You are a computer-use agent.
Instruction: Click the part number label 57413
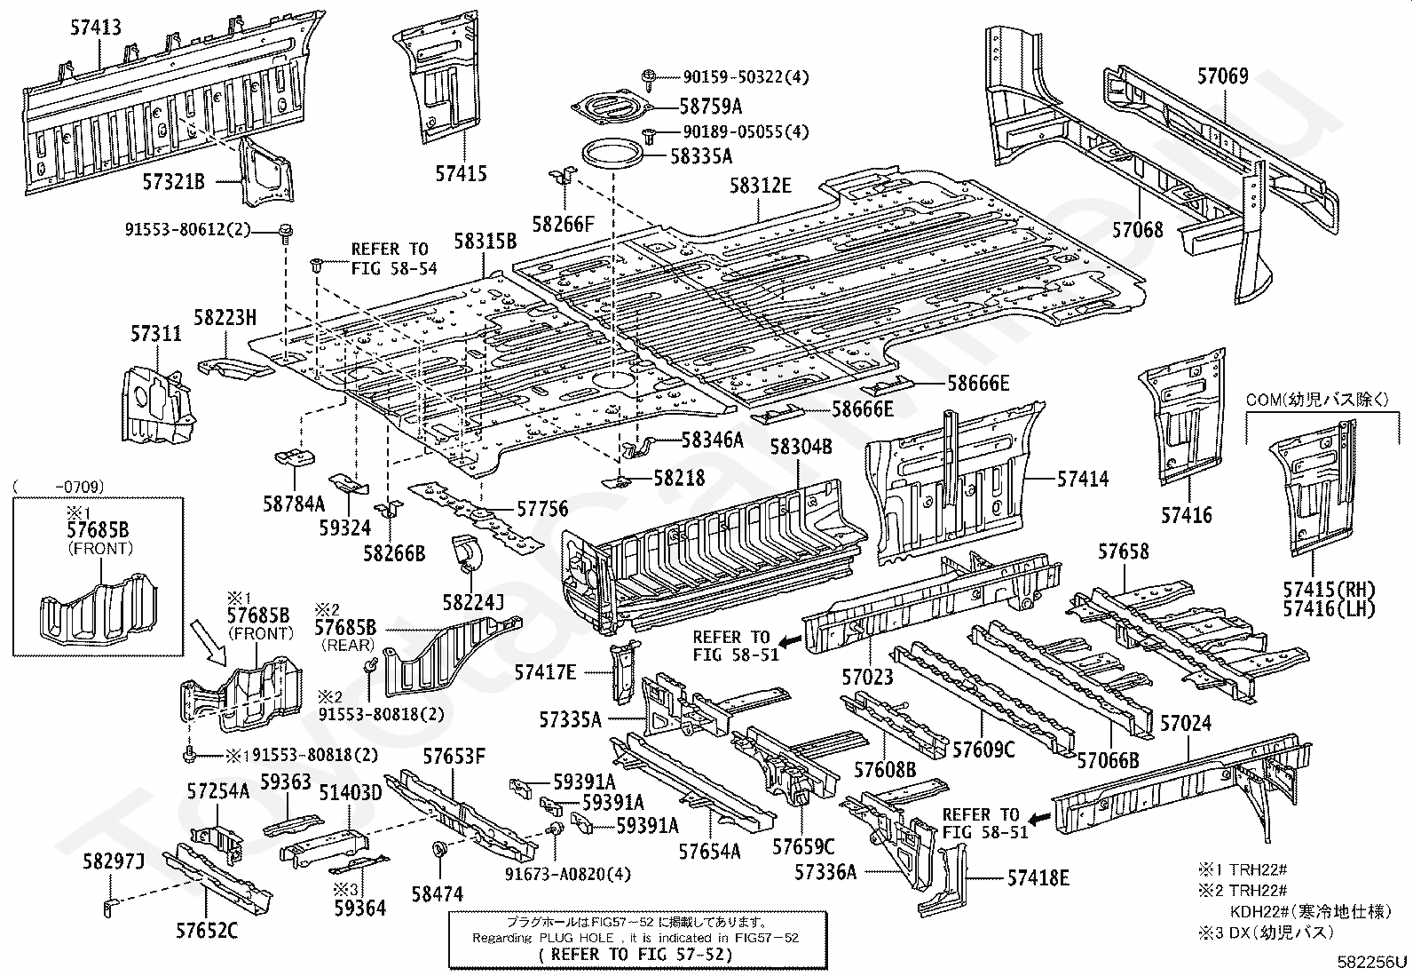tap(96, 28)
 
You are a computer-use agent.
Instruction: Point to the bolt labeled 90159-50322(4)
tap(649, 78)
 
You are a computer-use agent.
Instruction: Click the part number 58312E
tap(760, 186)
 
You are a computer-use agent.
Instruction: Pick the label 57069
tap(1223, 76)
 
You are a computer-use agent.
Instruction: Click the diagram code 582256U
tap(1372, 962)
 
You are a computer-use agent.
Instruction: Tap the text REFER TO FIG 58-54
tap(393, 258)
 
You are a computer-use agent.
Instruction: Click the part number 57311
tap(156, 333)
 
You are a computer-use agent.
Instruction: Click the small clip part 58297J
tap(108, 909)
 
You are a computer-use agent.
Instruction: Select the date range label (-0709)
tap(59, 487)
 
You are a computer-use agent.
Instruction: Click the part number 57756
tap(542, 508)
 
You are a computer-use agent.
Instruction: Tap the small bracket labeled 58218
tap(615, 482)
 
